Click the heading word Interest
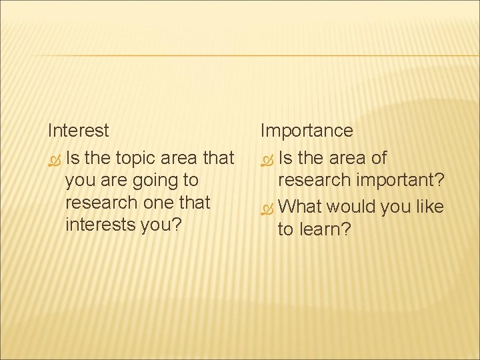tap(78, 130)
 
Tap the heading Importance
tap(307, 131)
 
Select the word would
tap(352, 207)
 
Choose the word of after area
tap(377, 159)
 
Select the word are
tap(107, 180)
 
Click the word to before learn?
tap(286, 230)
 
